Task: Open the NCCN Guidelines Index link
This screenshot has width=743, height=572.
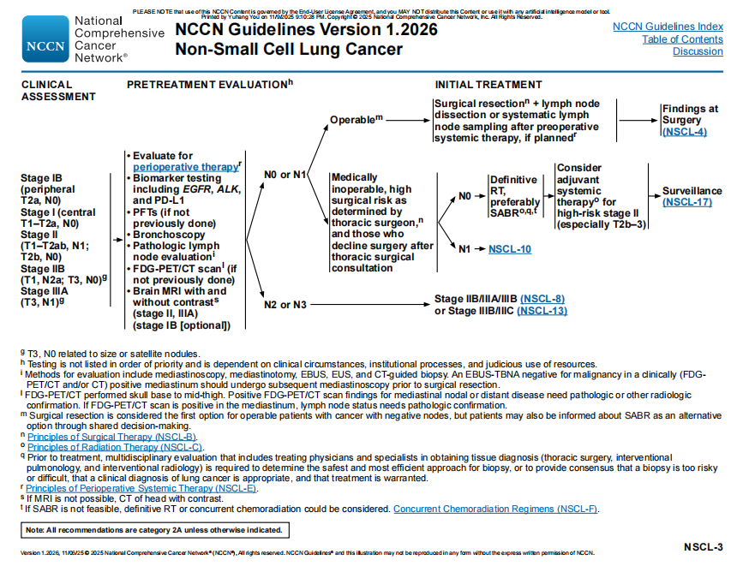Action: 668,27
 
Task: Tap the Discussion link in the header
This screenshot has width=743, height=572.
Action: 698,51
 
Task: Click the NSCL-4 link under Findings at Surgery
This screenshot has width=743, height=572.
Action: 684,132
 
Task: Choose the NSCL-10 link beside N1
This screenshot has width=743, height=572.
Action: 510,249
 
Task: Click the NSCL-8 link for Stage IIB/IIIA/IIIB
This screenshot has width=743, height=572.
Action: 542,298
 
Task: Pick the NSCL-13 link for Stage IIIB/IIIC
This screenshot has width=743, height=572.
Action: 542,310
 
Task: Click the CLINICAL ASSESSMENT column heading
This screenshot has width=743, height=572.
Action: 58,91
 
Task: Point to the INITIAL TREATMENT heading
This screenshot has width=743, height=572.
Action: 488,85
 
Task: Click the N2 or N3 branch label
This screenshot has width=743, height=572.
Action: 285,304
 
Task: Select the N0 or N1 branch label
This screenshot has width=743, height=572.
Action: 285,176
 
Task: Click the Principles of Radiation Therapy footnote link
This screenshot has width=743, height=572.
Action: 115,447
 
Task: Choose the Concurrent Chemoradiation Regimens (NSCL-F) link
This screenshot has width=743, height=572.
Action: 496,509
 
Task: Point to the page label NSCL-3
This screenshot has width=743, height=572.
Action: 704,546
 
